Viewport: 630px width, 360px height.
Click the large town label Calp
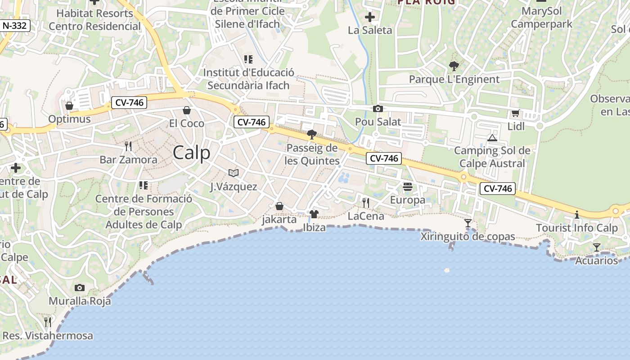192,153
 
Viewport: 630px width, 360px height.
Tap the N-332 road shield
15,26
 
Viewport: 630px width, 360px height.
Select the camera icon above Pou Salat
378,108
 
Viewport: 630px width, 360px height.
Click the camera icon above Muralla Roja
80,288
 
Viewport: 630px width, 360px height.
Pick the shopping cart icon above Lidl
516,113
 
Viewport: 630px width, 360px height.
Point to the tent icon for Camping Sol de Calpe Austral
492,137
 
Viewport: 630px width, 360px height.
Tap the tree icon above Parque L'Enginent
454,66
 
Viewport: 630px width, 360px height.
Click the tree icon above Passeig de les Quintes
311,134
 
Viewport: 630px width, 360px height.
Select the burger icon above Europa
408,186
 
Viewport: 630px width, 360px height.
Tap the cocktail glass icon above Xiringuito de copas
468,223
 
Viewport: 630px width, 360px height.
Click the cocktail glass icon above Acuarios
597,247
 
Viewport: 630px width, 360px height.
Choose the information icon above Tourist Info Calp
577,215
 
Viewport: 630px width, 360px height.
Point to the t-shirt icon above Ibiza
314,214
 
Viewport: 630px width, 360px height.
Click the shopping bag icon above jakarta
279,206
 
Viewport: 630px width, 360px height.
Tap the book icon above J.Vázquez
234,173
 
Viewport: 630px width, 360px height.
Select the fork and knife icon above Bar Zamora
128,146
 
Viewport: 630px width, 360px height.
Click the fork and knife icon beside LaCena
366,203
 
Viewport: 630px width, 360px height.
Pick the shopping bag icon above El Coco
187,110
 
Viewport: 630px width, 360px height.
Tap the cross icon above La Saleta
370,18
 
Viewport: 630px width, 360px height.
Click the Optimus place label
69,119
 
